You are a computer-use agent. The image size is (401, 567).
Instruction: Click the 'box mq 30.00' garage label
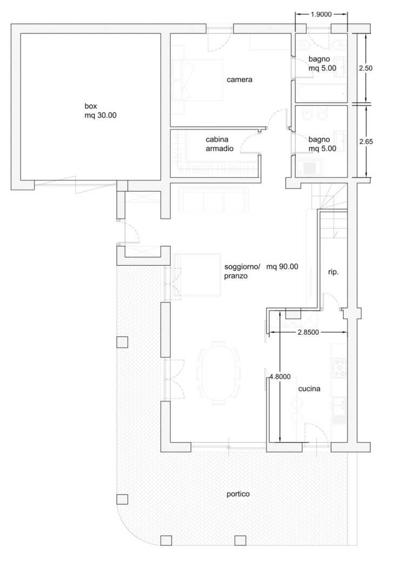pos(101,111)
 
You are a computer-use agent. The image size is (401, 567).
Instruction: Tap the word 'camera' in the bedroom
pos(239,79)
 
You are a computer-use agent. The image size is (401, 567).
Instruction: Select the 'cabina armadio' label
pos(219,144)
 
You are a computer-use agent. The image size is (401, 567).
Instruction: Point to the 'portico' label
pos(238,494)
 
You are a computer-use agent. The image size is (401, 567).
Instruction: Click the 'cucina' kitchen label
pos(309,389)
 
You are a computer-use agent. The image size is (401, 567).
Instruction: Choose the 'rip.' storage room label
pos(333,272)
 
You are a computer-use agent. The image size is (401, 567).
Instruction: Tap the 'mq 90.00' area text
pos(282,267)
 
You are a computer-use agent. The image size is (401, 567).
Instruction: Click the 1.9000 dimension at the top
pos(322,15)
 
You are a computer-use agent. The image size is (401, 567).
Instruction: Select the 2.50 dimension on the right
pos(365,68)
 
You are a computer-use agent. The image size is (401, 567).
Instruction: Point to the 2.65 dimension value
pos(366,141)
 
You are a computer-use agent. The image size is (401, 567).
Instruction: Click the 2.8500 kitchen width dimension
pos(309,332)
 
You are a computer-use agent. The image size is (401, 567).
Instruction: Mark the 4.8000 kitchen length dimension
pos(280,377)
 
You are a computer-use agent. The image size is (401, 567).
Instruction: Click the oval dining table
pos(218,373)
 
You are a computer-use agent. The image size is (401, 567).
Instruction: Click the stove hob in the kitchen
pos(339,367)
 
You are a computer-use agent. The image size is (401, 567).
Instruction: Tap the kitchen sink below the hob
pos(339,409)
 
